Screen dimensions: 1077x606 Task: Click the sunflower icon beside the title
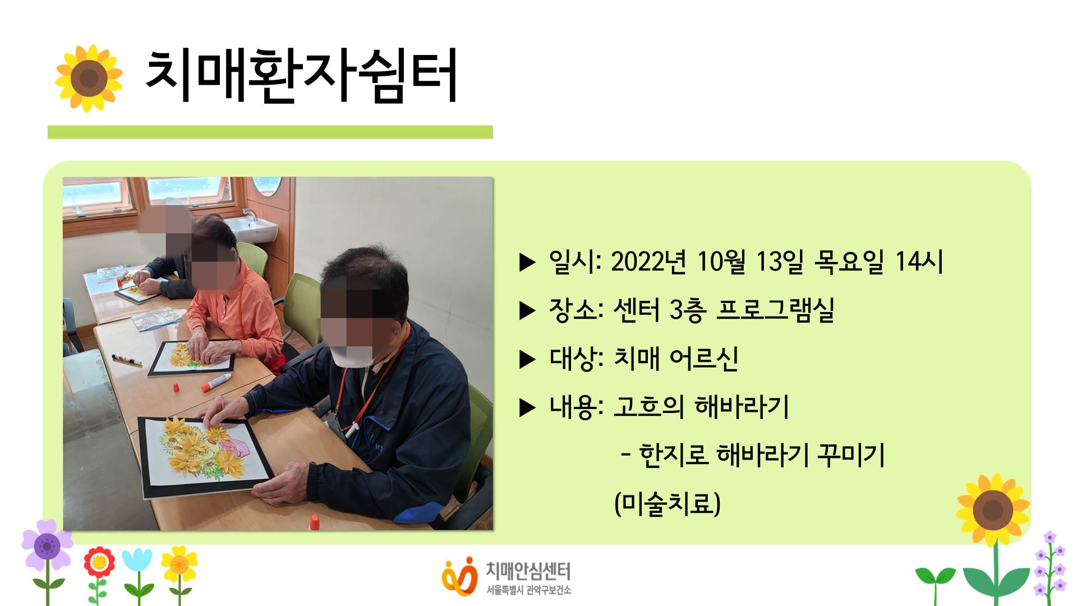tap(89, 78)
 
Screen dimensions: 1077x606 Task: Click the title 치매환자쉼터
tap(301, 76)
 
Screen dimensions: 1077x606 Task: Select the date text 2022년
tap(648, 261)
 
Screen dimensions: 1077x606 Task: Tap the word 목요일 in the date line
tap(849, 261)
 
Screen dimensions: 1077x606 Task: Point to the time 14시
tap(919, 261)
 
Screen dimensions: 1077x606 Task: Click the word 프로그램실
tap(775, 310)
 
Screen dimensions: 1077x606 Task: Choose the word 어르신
tap(704, 358)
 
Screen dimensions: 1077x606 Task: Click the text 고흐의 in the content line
tap(648, 406)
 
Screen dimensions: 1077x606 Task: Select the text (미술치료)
tap(668, 503)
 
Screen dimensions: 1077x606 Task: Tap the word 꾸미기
tap(851, 454)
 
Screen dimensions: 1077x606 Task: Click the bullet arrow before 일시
tap(527, 262)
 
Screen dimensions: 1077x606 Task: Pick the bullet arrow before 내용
tap(527, 407)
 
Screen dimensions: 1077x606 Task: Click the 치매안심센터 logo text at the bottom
tap(528, 571)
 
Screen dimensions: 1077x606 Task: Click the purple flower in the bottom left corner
tap(47, 544)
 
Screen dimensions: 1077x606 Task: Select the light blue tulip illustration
tap(137, 561)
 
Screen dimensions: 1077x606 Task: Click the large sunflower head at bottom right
tap(993, 509)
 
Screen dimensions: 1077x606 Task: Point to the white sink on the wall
tap(250, 227)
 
